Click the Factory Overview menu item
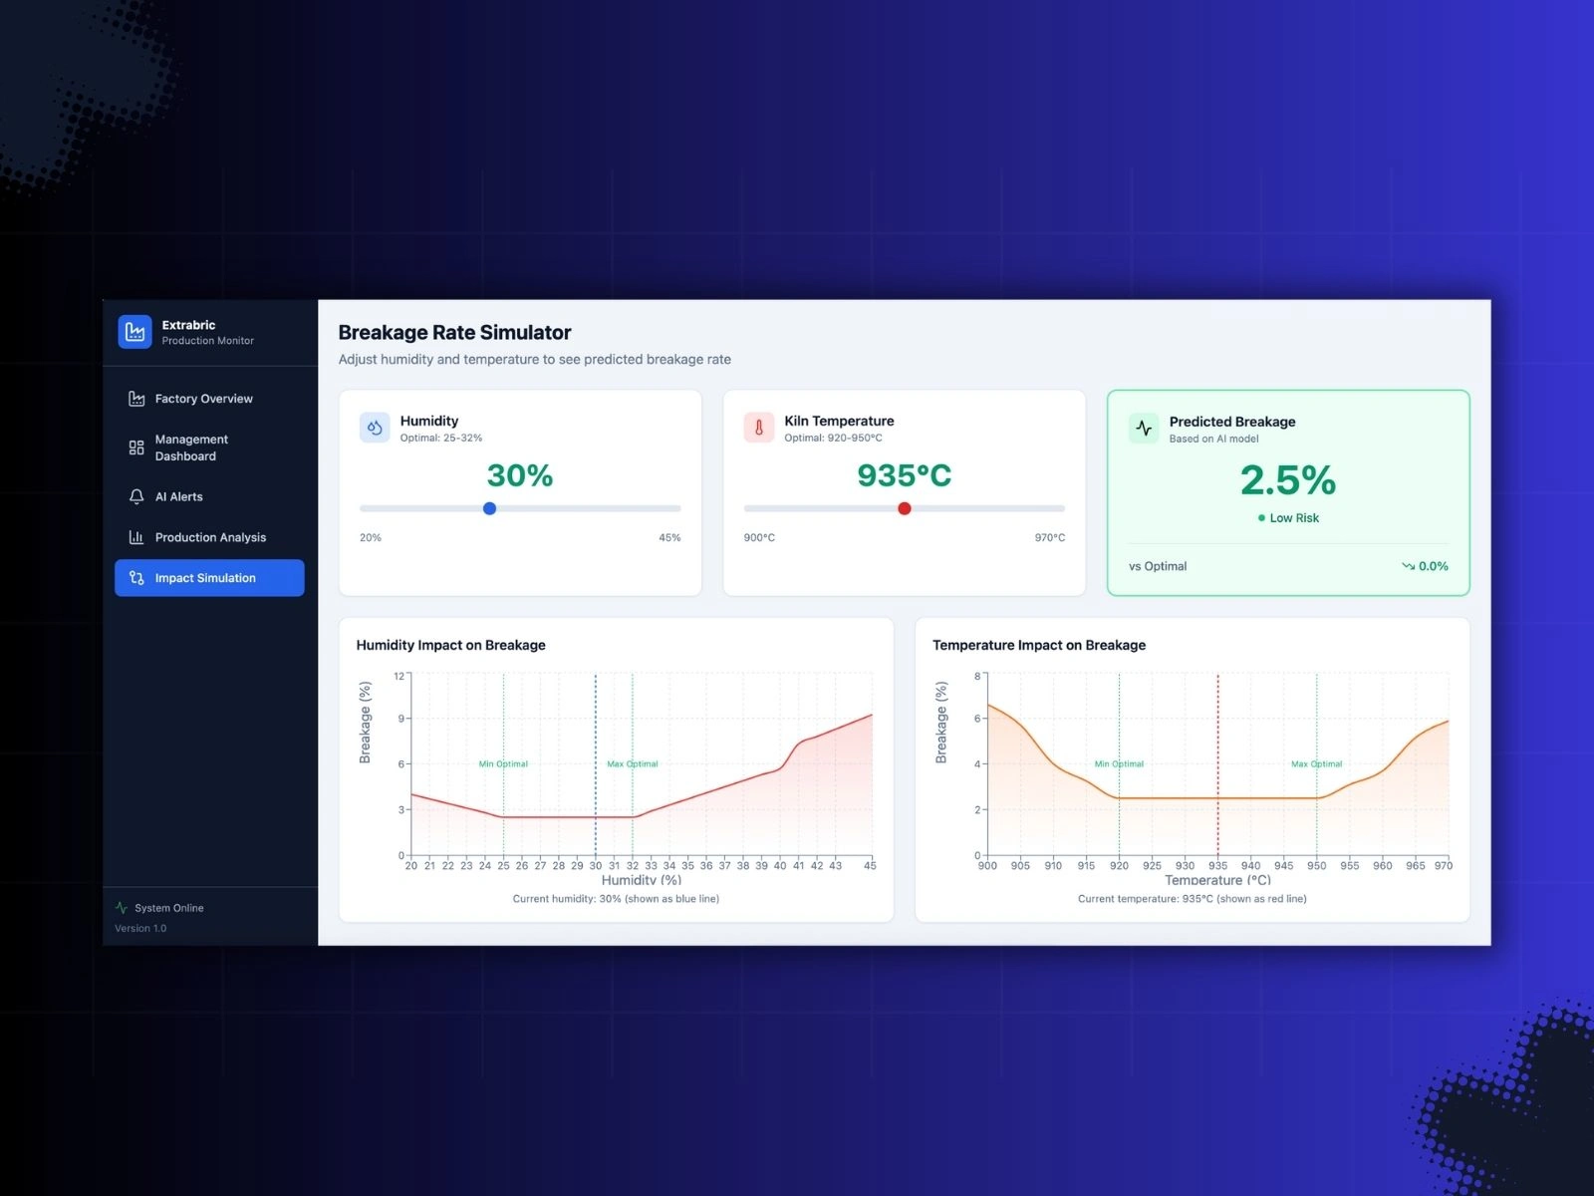tap(203, 399)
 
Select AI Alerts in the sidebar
tap(178, 496)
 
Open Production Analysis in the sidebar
tap(210, 537)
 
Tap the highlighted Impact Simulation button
tap(209, 578)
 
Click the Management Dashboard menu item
tap(191, 448)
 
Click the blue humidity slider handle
tap(489, 508)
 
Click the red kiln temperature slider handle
tap(905, 508)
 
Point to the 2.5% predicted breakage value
tap(1287, 480)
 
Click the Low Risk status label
tap(1293, 518)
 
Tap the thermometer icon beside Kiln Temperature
tap(759, 428)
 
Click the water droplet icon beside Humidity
tap(375, 428)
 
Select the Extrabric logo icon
tap(134, 332)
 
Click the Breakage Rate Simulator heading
tap(454, 333)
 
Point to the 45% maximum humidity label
tap(669, 538)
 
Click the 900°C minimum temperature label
tap(759, 538)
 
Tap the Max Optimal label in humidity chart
tap(633, 764)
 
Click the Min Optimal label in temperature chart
tap(1119, 764)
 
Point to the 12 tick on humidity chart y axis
tap(398, 676)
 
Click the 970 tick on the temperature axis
tap(1444, 866)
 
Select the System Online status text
tap(168, 908)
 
